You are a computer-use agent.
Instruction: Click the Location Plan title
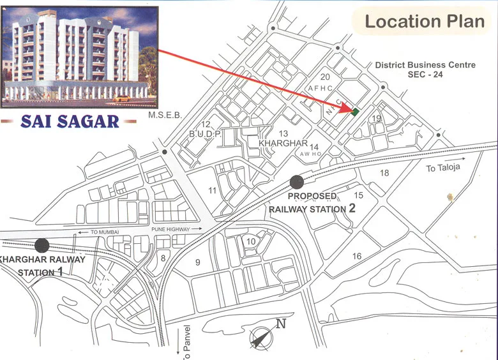(x=425, y=21)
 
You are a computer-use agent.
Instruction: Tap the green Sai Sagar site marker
(x=356, y=111)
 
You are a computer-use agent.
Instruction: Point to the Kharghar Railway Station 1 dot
(x=42, y=244)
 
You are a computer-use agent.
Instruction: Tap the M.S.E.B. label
(x=165, y=116)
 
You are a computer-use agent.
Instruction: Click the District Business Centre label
(x=425, y=65)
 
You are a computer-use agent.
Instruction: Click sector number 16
(x=357, y=257)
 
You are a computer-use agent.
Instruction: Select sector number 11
(x=212, y=191)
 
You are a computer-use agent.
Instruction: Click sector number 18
(x=384, y=173)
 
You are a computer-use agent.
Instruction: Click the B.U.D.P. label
(x=205, y=133)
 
